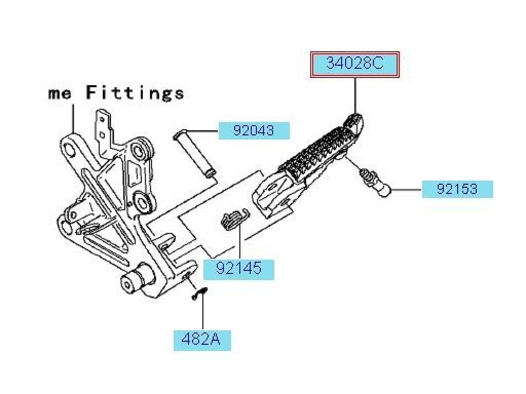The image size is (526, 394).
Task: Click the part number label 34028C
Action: pos(354,64)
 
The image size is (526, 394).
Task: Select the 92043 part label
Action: pos(254,131)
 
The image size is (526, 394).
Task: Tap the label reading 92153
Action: pos(457,189)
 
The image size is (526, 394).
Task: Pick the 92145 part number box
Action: pos(238,268)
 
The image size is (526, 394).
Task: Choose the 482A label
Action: pos(202,340)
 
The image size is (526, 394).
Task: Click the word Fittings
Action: pos(135,93)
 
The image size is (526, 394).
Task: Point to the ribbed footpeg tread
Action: pos(318,149)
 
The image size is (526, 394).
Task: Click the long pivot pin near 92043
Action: pos(195,153)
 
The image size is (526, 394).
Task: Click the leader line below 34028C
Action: pos(355,95)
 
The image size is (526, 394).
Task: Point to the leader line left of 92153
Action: pos(407,189)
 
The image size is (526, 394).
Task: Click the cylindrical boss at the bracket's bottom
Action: pos(136,280)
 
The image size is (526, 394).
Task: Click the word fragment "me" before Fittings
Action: pos(60,94)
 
